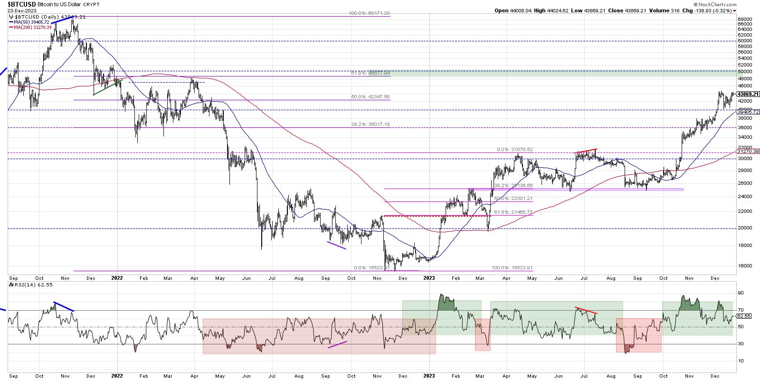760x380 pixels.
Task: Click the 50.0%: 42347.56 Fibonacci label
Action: pos(370,97)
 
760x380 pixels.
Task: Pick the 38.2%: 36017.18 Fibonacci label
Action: pos(370,124)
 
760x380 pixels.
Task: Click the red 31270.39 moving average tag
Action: pos(749,151)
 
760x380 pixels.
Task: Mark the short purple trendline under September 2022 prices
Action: pos(336,245)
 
